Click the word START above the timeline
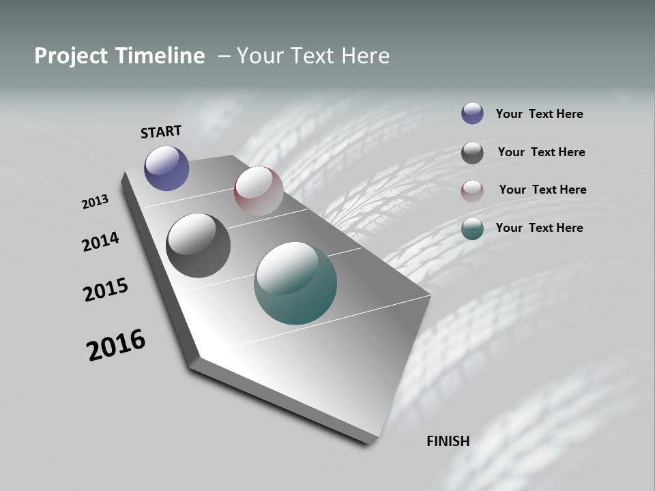[161, 131]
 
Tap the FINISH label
[448, 441]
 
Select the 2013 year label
[95, 202]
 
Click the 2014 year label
[100, 241]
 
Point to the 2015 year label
[106, 290]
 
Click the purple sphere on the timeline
[166, 168]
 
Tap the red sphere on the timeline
[259, 191]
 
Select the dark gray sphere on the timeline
[198, 245]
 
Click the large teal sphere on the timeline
[295, 283]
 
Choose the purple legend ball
[472, 113]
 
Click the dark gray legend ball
[472, 153]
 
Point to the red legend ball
[472, 191]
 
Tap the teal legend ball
[472, 229]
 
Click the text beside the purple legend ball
[539, 114]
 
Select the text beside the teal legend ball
[539, 228]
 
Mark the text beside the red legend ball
[542, 190]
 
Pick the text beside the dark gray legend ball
[541, 152]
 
